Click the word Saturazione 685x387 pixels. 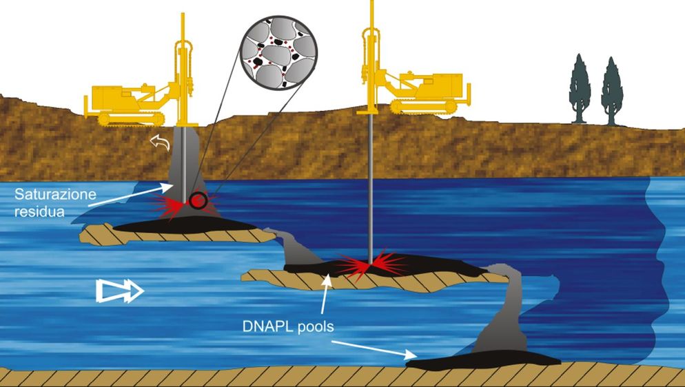pos(55,193)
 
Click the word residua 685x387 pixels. pos(39,211)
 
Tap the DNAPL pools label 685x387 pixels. pos(288,326)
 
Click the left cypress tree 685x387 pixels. pos(580,89)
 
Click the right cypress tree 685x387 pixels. pos(612,91)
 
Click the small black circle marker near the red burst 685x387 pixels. pos(198,200)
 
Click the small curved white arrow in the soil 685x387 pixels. pos(160,143)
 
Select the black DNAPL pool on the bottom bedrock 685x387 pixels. pos(482,359)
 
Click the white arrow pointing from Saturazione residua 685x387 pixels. pos(133,195)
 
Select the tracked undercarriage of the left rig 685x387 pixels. pos(132,118)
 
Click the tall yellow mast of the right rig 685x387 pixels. pos(371,56)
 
